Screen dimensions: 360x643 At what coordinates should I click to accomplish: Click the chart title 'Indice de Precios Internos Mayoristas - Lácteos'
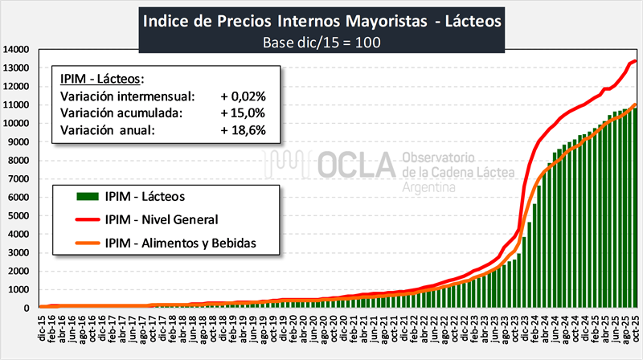tap(321, 19)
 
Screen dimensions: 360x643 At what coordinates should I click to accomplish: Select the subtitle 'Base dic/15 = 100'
tap(321, 41)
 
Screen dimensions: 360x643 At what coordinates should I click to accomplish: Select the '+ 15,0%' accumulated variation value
tap(243, 113)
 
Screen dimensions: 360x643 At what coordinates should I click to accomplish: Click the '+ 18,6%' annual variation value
tap(243, 130)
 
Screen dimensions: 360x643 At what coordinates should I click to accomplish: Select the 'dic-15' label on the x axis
tap(41, 332)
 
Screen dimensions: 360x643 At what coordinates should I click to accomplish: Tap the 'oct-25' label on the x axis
tap(633, 332)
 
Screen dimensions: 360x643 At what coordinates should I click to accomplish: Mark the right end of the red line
tap(636, 61)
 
